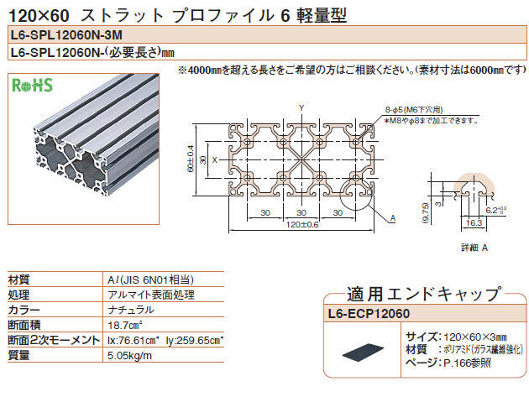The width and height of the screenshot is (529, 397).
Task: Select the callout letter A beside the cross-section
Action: (392, 217)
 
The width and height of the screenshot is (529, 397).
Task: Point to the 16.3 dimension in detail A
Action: (474, 223)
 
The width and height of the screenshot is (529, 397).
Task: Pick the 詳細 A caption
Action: (474, 249)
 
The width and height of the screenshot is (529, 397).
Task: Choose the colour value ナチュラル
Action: (133, 310)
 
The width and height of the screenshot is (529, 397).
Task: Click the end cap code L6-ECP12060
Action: (367, 314)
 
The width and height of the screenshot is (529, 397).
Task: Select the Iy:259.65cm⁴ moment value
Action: (196, 340)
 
